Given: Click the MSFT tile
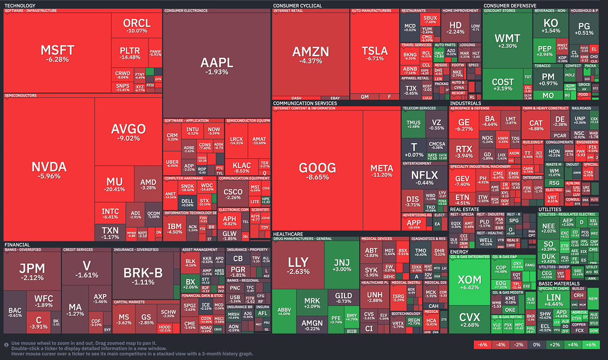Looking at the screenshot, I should click(x=57, y=53).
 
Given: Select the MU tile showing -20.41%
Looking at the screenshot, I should click(x=115, y=184).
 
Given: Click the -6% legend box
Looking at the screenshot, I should click(x=482, y=345).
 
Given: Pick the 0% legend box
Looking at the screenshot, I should click(x=536, y=345).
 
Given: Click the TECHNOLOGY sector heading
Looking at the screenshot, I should click(x=20, y=6).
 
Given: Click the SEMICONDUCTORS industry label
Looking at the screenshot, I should click(x=20, y=95).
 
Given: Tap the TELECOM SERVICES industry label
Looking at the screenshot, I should click(x=419, y=108).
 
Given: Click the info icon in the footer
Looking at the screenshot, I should click(x=7, y=345).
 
